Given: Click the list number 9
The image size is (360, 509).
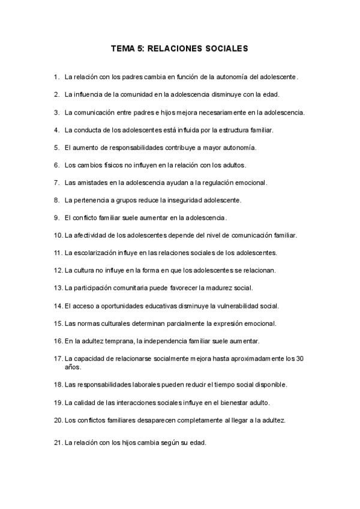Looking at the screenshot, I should tap(56, 217).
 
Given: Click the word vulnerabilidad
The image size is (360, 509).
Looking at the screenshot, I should tap(232, 306).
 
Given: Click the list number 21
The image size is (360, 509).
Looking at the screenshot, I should tap(58, 443).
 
